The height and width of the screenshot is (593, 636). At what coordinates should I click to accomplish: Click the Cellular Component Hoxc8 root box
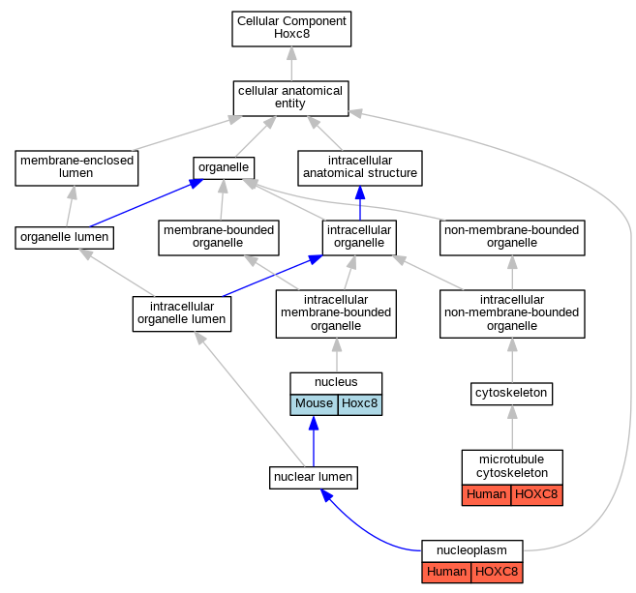pos(291,29)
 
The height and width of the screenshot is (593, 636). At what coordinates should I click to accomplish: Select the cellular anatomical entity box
pos(290,99)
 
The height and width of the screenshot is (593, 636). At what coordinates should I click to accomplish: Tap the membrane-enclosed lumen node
pos(76,168)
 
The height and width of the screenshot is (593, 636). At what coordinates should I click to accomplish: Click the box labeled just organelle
pos(224,167)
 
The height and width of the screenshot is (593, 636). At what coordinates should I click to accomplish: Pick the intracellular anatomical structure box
pos(360,168)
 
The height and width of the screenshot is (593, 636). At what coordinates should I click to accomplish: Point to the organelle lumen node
pos(65,238)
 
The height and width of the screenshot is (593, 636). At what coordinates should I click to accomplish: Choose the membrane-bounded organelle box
pos(219,238)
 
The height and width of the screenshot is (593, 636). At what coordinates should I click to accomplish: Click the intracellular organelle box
pos(359,238)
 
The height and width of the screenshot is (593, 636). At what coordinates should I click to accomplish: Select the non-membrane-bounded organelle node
pos(512,238)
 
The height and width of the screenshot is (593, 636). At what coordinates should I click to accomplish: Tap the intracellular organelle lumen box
pos(182,314)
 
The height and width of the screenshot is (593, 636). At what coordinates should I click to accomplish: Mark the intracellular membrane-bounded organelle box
pos(336,314)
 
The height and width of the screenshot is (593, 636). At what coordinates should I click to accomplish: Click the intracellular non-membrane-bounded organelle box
pos(512,314)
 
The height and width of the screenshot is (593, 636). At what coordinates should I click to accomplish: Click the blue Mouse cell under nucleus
pos(314,404)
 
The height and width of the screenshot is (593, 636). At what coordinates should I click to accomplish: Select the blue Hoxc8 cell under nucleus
pos(360,404)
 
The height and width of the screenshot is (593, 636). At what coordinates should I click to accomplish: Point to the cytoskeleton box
pos(511,394)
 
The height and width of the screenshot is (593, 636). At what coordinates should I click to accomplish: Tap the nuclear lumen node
pos(314,478)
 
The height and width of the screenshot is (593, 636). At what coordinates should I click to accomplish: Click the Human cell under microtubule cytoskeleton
pos(486,495)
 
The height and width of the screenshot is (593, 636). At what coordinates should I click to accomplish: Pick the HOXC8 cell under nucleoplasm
pos(497,573)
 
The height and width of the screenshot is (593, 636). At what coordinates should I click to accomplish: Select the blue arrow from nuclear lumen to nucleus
pos(314,441)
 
